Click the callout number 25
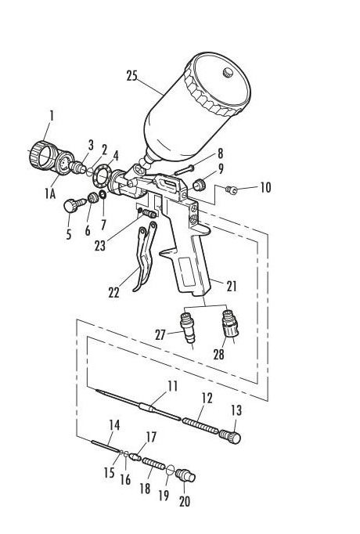point(131,76)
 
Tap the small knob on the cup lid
point(227,73)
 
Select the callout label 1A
point(49,193)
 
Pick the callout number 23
point(99,246)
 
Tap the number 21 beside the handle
point(232,286)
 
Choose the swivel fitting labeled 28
point(230,323)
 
